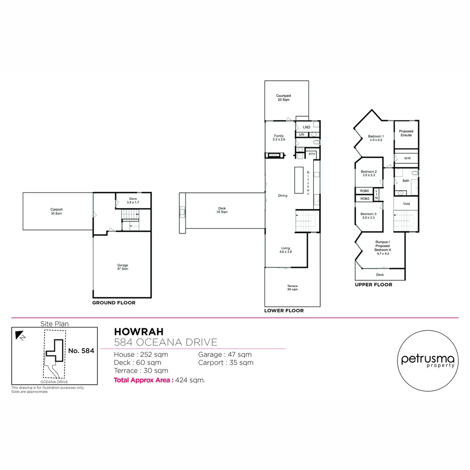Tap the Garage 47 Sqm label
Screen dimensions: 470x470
click(122, 267)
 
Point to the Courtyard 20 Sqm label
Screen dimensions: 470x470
click(283, 97)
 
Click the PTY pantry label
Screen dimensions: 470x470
click(312, 154)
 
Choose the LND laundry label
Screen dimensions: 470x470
click(306, 127)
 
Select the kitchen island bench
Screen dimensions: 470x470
click(299, 180)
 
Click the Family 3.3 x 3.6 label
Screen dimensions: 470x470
click(279, 138)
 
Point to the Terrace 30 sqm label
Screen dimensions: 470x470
click(292, 288)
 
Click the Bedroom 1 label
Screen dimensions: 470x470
click(375, 138)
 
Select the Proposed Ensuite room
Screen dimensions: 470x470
click(406, 133)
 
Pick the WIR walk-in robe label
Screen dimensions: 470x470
click(407, 158)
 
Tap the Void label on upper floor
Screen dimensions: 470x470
click(406, 203)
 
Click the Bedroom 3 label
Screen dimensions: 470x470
click(368, 215)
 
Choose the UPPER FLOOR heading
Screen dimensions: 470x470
click(373, 285)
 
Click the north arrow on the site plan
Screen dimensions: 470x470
click(20, 335)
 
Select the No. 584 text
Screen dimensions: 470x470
click(81, 350)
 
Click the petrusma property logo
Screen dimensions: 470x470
click(427, 361)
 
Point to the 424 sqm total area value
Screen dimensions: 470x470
click(190, 380)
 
